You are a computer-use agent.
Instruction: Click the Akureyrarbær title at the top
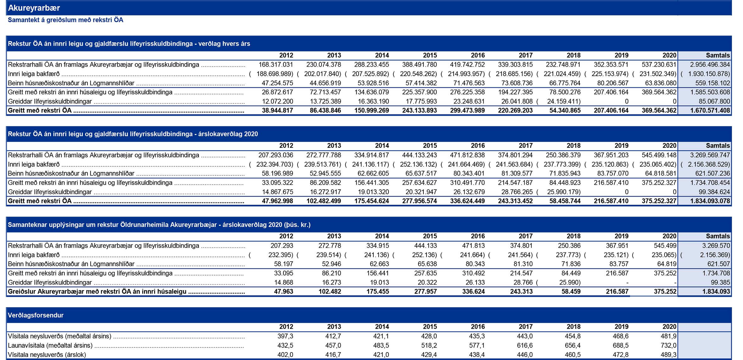34,8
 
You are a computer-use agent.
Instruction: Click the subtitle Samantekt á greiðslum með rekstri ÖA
65,20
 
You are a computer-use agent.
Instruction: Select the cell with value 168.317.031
276,65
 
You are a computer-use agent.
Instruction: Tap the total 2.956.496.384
710,65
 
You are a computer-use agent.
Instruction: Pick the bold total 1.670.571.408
710,111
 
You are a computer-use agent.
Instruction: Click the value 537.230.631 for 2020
659,65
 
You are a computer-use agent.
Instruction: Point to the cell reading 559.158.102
712,83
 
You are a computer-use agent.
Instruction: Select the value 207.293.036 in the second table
276,155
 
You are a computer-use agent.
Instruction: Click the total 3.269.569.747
710,155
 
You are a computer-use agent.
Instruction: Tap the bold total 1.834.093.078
710,201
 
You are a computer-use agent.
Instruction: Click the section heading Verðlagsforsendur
36,315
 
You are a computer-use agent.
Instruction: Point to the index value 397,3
285,336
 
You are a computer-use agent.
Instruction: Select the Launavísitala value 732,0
668,346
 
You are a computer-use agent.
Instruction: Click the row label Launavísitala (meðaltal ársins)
50,346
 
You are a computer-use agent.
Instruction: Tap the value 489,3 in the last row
668,355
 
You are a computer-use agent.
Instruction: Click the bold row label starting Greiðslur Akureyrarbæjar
97,292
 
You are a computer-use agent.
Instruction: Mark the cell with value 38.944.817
277,111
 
